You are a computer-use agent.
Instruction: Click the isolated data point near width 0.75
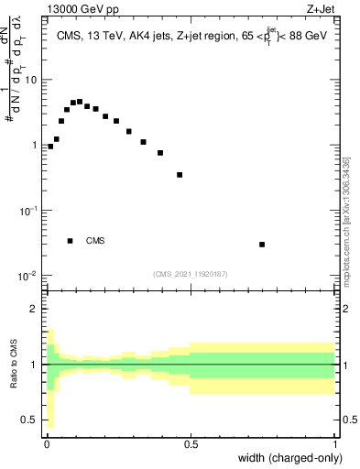point(262,245)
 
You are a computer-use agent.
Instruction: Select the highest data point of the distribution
point(80,102)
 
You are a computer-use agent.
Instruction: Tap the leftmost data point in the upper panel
point(50,146)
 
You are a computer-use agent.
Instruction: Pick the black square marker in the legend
point(71,241)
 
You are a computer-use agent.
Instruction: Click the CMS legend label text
point(95,241)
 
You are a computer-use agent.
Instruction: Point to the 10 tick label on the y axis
point(32,80)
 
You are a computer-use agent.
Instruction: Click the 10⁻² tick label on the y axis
point(29,276)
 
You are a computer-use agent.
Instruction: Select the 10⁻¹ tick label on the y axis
point(29,211)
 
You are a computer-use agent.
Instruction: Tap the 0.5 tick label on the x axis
point(191,442)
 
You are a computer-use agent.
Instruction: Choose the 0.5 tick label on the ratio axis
point(33,420)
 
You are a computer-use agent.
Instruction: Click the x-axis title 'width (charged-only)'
point(291,458)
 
